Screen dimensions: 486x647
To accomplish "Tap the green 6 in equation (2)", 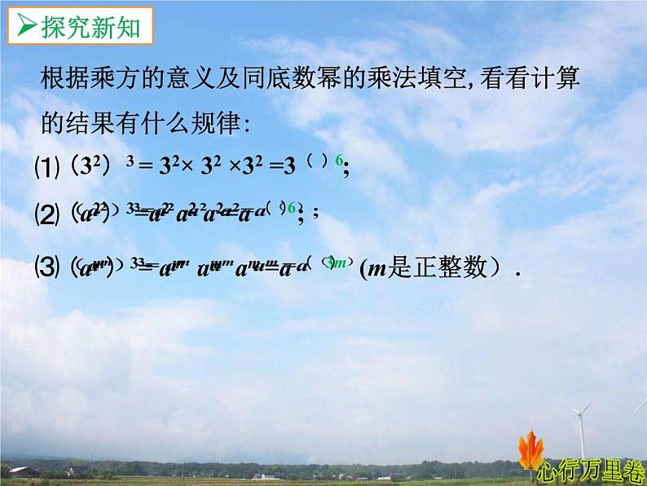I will [291, 209].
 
